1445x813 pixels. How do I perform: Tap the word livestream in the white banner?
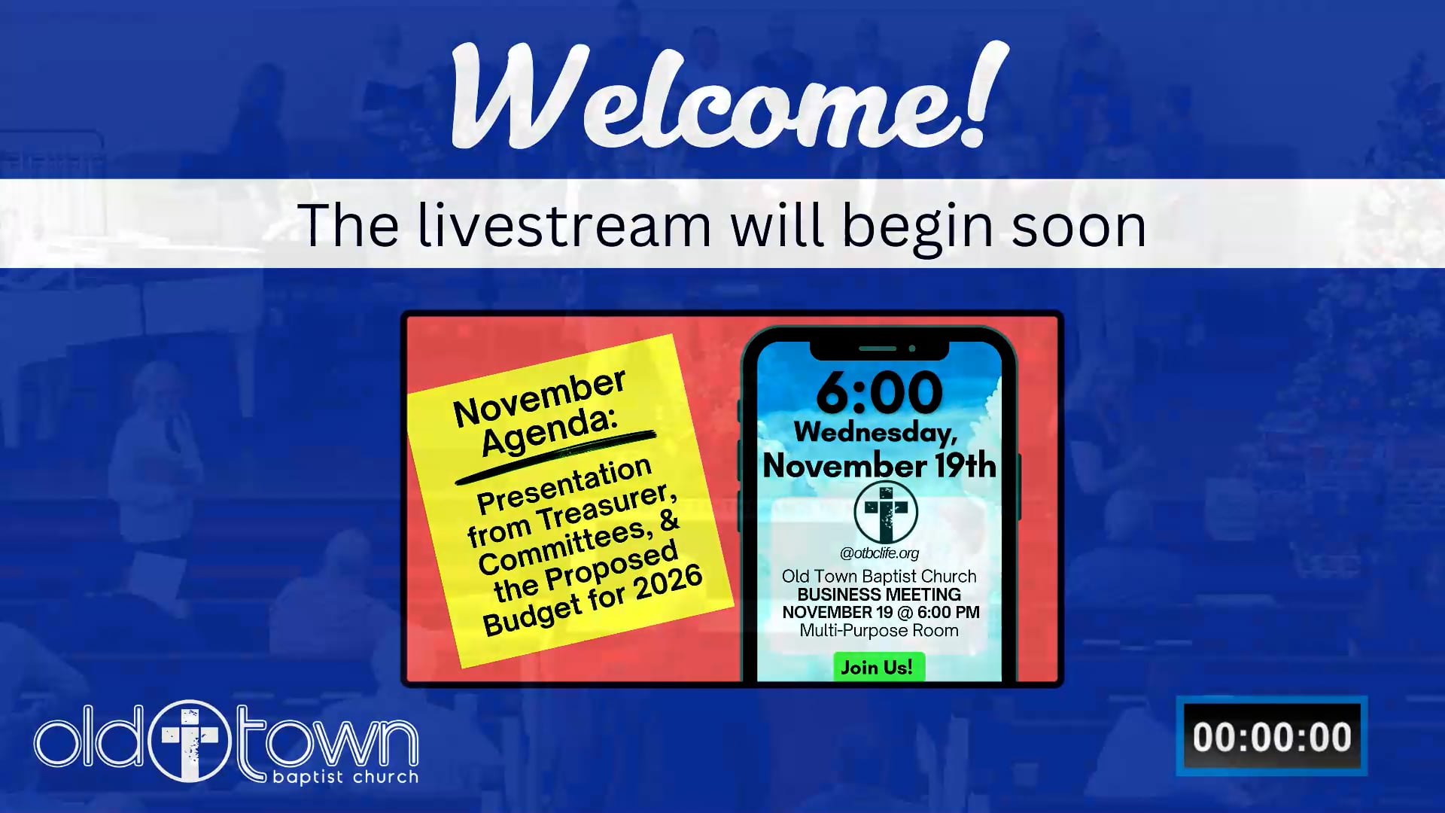[564, 225]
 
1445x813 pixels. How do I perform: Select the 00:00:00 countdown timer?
[1272, 736]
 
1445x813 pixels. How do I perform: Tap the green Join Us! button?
[878, 667]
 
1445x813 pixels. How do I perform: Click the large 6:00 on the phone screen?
[879, 392]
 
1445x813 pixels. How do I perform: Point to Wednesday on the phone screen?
[876, 432]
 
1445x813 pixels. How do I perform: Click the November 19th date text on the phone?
[880, 465]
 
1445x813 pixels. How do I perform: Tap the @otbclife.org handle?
[879, 553]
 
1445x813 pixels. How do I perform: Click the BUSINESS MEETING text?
[879, 595]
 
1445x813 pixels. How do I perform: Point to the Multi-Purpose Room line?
[879, 631]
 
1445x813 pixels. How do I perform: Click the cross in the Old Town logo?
[190, 741]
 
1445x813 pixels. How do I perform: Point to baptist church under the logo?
[345, 777]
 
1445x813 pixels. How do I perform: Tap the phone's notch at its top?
[879, 349]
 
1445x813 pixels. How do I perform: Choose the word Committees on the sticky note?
[564, 548]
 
